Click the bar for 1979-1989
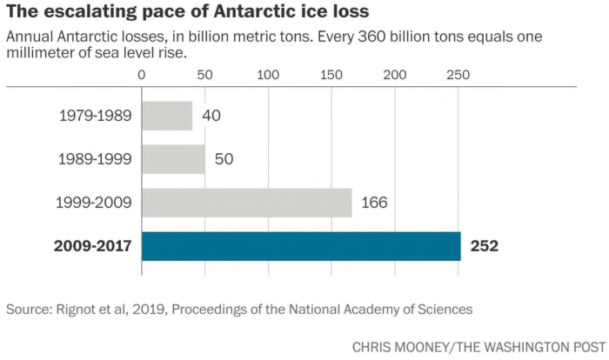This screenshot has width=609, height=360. click(x=167, y=116)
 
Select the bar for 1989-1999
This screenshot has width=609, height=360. click(x=173, y=159)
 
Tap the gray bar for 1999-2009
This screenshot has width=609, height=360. click(x=247, y=203)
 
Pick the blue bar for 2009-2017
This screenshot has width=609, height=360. click(x=301, y=246)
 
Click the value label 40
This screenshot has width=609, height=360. click(x=211, y=116)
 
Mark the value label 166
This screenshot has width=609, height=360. click(x=373, y=203)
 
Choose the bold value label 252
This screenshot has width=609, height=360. click(x=484, y=246)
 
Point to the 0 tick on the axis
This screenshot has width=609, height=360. click(x=142, y=75)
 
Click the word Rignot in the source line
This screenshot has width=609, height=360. click(x=81, y=309)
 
